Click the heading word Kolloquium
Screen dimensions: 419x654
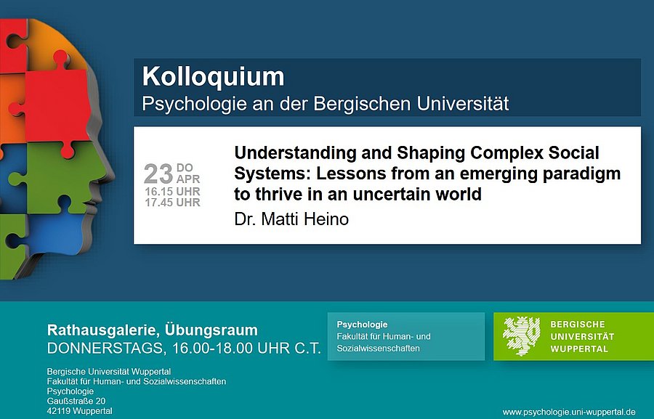(x=213, y=77)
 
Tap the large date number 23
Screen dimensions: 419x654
(x=158, y=174)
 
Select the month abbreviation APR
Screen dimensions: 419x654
(x=187, y=179)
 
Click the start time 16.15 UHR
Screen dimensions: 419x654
(x=172, y=192)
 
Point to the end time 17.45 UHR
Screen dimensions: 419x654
(x=172, y=203)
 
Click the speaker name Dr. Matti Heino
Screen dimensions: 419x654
(x=291, y=219)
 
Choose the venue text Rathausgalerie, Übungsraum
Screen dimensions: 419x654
(x=152, y=330)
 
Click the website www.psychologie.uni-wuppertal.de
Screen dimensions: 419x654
(x=569, y=412)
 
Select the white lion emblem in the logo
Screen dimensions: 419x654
(x=521, y=336)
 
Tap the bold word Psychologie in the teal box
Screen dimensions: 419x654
(x=362, y=325)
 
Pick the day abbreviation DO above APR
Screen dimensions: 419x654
(x=185, y=168)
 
